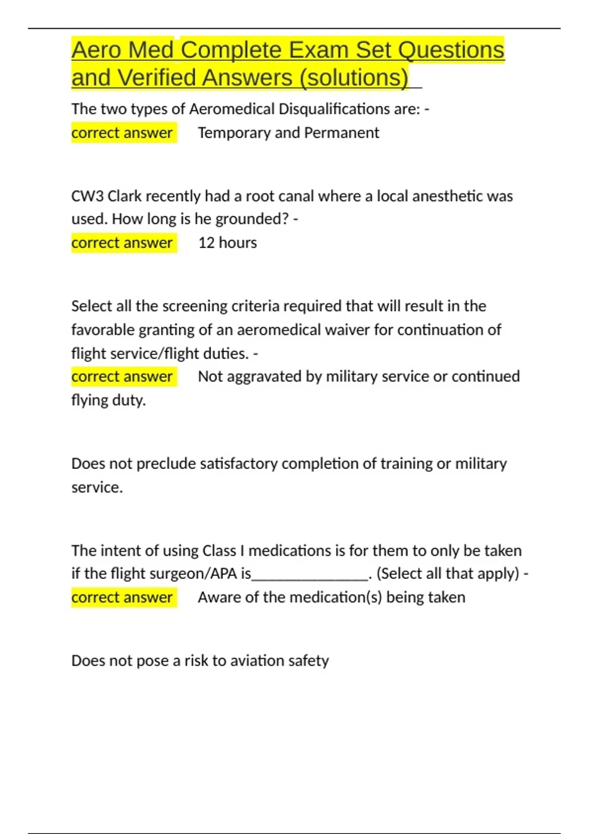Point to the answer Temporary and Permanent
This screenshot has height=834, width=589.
click(x=289, y=133)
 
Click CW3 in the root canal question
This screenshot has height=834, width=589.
click(x=87, y=196)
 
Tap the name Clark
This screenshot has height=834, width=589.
click(x=124, y=196)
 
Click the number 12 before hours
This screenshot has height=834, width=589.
click(x=206, y=243)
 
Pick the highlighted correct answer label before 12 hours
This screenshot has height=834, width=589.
click(x=122, y=243)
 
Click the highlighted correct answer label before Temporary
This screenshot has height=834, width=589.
click(x=122, y=133)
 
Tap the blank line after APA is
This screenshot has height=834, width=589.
click(x=310, y=574)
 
